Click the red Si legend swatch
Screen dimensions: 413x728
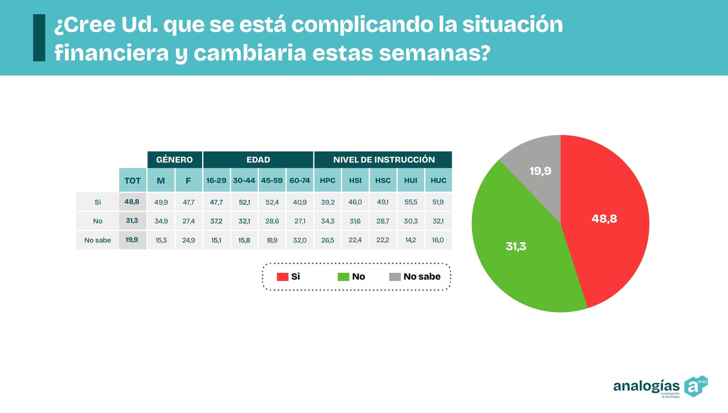tap(282, 277)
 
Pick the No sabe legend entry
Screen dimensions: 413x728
tap(415, 277)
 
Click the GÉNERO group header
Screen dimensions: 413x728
tap(174, 159)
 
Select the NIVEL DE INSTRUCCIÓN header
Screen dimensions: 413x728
tap(384, 159)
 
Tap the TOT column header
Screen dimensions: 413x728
tap(132, 180)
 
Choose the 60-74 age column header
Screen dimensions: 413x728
tap(299, 180)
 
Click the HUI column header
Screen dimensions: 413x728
tap(410, 180)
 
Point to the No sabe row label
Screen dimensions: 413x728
tap(97, 240)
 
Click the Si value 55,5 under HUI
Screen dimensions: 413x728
tap(410, 202)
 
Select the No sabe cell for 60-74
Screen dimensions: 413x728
tap(299, 240)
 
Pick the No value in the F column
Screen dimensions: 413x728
tap(188, 221)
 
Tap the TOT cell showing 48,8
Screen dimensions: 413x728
tap(132, 202)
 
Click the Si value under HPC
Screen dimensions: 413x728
tap(328, 202)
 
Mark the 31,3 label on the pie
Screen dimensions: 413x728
tap(516, 246)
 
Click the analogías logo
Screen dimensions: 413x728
tap(660, 387)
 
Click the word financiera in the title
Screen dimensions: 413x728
tap(111, 53)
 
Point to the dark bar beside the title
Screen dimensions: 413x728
tap(39, 38)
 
